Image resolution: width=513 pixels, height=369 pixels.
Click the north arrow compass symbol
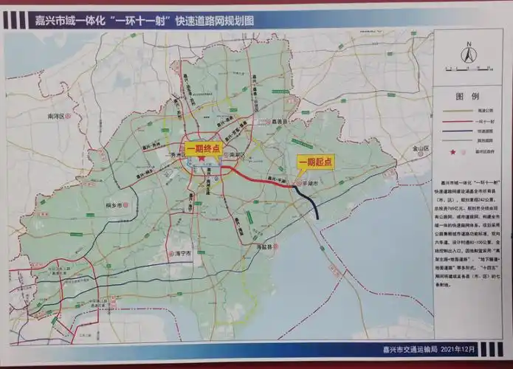click(466, 54)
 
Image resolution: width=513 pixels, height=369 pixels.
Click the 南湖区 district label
click(236, 156)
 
